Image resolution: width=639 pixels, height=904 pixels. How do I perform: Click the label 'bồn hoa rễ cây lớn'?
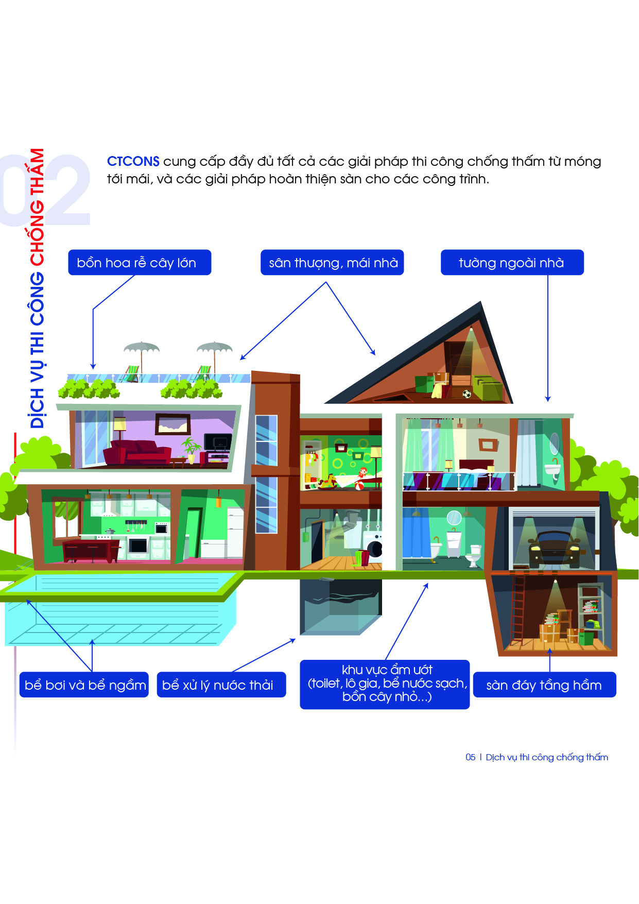pyautogui.click(x=140, y=263)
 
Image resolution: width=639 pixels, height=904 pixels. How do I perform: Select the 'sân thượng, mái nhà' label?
pyautogui.click(x=332, y=263)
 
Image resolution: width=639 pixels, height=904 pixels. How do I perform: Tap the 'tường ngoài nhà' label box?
pyautogui.click(x=512, y=263)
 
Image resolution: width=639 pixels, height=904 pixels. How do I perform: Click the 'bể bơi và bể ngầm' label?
pyautogui.click(x=84, y=685)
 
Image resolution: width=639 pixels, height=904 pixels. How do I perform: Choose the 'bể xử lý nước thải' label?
pyautogui.click(x=221, y=685)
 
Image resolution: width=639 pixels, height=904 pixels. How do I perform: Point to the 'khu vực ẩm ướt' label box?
pyautogui.click(x=385, y=684)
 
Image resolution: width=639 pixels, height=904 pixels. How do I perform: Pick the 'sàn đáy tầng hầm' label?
pyautogui.click(x=544, y=685)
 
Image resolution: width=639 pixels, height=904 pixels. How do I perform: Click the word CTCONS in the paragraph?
pyautogui.click(x=133, y=161)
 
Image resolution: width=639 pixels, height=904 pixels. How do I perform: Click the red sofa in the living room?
pyautogui.click(x=137, y=453)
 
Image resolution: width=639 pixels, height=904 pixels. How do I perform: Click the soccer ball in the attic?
pyautogui.click(x=467, y=394)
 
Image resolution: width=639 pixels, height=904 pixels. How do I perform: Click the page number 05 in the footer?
pyautogui.click(x=470, y=757)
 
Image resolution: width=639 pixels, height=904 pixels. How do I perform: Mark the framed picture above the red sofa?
pyautogui.click(x=173, y=424)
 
